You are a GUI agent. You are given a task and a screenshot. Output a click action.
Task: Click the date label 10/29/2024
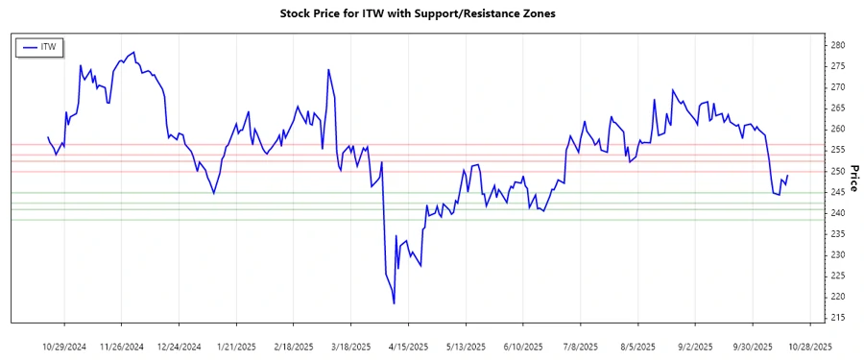[x=65, y=346]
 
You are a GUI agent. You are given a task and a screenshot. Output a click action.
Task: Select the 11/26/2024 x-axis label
[x=121, y=346]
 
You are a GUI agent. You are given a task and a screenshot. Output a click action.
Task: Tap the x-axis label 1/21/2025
[x=236, y=346]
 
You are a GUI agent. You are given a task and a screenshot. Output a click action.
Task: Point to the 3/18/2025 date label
[x=351, y=346]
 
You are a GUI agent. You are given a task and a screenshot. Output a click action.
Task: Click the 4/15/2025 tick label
[x=408, y=346]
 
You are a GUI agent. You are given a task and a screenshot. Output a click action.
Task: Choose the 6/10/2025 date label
[x=523, y=346]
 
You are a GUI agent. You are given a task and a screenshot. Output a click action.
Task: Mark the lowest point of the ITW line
[x=395, y=303]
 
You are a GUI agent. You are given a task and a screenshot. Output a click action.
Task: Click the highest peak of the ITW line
[x=133, y=53]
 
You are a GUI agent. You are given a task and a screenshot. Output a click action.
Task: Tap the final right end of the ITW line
[x=788, y=176]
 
